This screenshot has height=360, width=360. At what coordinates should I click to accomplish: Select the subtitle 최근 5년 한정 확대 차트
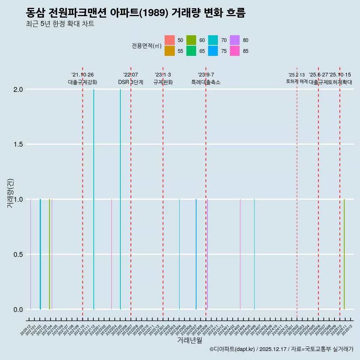pos(60,24)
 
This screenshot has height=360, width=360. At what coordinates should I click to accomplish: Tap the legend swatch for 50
pos(169,40)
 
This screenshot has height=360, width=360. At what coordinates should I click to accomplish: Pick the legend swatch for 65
pos(191,51)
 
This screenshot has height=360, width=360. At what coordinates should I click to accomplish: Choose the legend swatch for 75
pos(213,51)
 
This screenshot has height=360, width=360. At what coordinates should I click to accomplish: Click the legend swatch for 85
pos(235,51)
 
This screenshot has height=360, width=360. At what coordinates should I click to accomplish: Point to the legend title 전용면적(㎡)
pos(146,46)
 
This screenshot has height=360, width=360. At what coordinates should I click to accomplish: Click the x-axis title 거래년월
pos(189,340)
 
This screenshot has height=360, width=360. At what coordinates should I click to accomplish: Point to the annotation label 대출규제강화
pos(82,82)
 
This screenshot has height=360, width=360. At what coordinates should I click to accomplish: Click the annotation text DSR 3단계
pos(130,82)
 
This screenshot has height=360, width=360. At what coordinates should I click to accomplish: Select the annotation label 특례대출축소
pos(206,82)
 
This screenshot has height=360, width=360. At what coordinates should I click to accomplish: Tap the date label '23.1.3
pos(163,75)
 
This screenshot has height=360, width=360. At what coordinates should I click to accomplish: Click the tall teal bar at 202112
pos(94,199)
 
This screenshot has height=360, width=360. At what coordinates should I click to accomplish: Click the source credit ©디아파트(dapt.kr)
pos(232,349)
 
